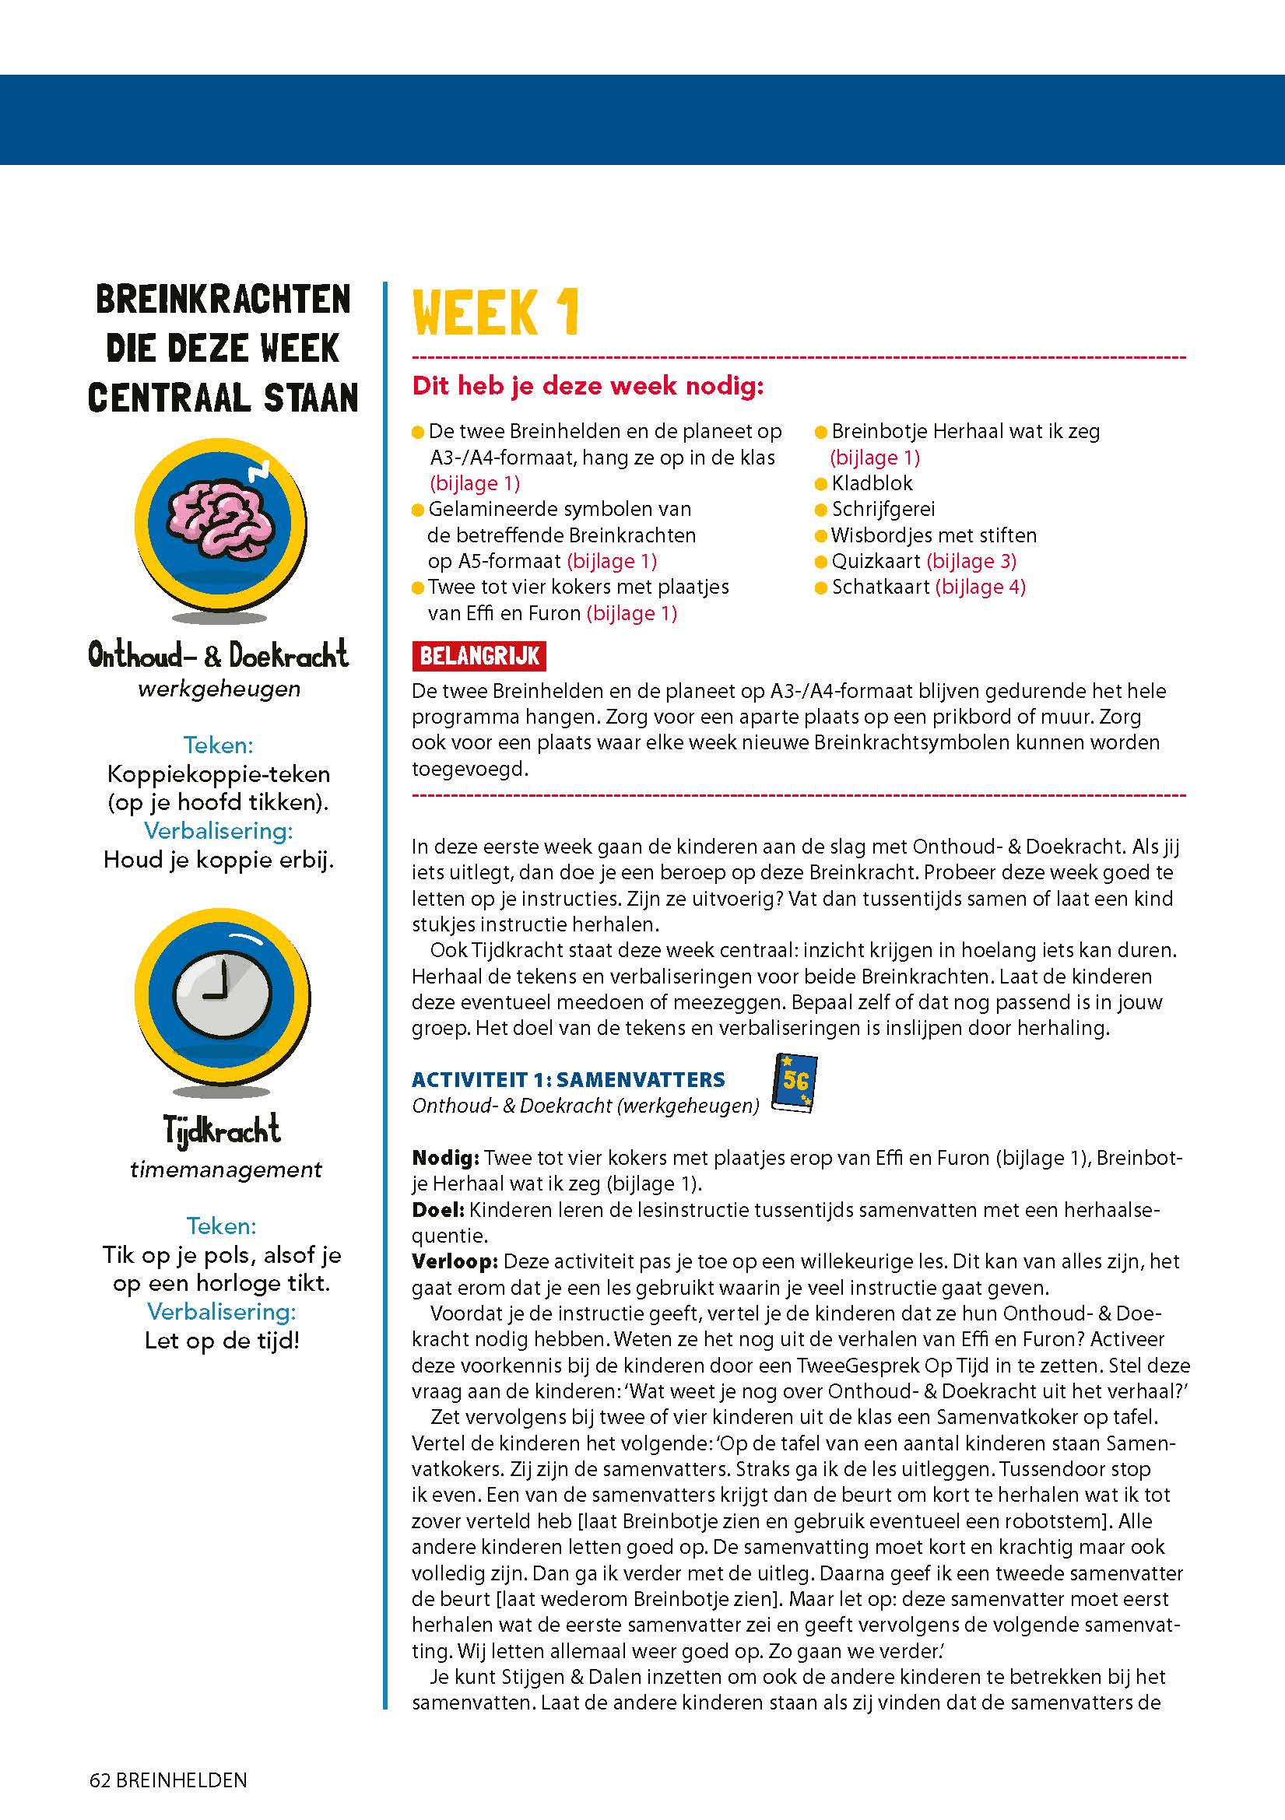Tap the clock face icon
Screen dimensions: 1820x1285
(x=223, y=991)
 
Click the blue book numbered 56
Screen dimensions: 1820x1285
(x=794, y=1083)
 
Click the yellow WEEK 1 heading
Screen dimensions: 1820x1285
(x=497, y=312)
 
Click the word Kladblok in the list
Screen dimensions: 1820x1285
(x=872, y=482)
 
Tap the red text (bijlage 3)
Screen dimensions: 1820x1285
(x=971, y=561)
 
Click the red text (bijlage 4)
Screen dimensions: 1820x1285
(x=981, y=587)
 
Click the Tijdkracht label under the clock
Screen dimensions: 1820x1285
(x=222, y=1129)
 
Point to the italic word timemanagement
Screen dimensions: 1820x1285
(x=226, y=1170)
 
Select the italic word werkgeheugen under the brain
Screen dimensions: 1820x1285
(x=219, y=689)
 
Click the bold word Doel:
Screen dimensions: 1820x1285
(x=437, y=1210)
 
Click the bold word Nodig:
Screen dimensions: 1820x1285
(x=444, y=1158)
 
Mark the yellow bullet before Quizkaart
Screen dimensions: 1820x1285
(x=821, y=562)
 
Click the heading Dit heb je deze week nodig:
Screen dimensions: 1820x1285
(x=588, y=386)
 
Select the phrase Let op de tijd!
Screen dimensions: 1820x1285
(x=222, y=1341)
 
